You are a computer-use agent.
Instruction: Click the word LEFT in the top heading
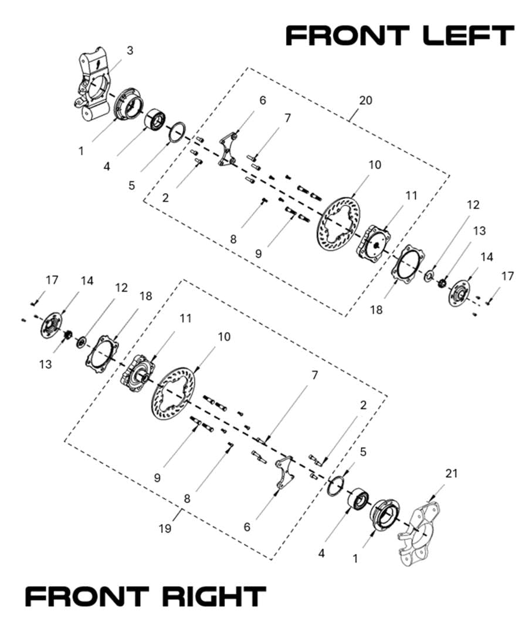pos(467,36)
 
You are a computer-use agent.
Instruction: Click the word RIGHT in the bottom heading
pos(213,597)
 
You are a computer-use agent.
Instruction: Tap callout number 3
pos(130,50)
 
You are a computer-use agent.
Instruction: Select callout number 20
pos(365,100)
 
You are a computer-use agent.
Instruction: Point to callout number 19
pos(165,529)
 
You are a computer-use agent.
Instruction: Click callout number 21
pos(452,473)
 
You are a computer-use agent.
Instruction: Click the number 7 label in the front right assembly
pos(314,375)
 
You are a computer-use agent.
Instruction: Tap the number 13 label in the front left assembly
pos(479,231)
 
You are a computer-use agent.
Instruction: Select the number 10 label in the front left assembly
pos(374,165)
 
